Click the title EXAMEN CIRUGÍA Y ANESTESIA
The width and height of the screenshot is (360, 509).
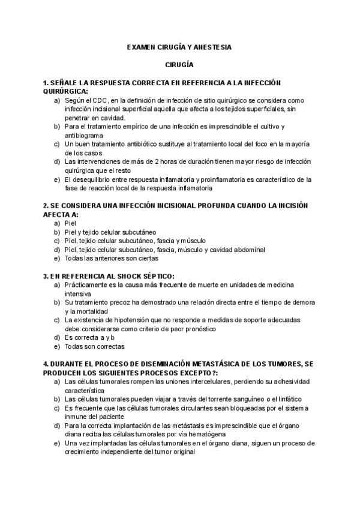[180, 46]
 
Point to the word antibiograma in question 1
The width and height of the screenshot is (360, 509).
[84, 136]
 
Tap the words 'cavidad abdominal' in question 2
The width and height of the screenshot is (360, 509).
[238, 250]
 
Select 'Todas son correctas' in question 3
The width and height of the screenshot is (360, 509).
[95, 346]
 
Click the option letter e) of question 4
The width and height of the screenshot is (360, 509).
[56, 443]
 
